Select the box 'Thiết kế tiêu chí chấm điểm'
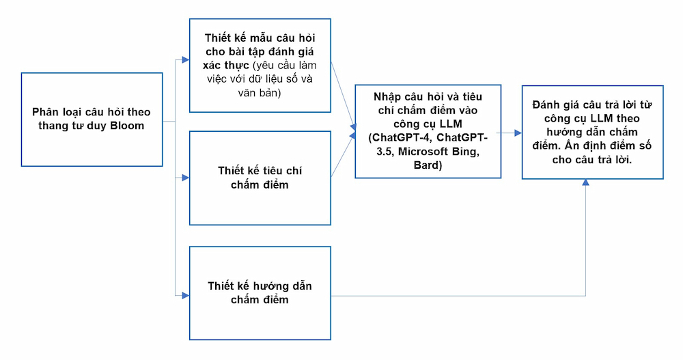coord(260,178)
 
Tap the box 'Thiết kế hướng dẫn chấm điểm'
coord(260,293)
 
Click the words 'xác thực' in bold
coord(226,65)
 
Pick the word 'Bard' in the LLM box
coord(428,165)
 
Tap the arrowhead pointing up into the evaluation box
coord(586,184)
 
